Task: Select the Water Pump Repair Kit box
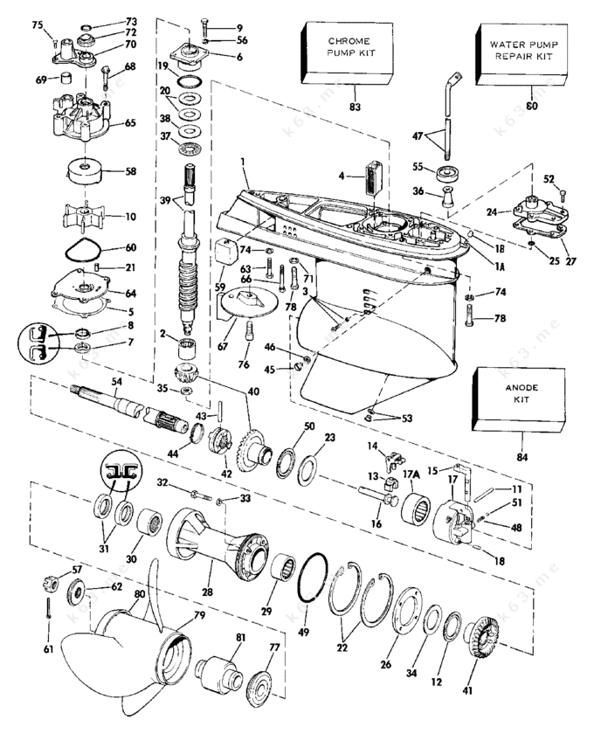pyautogui.click(x=521, y=54)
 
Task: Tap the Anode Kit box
pyautogui.click(x=519, y=398)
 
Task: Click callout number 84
pyautogui.click(x=521, y=456)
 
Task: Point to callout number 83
pyautogui.click(x=356, y=107)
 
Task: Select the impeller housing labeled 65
pyautogui.click(x=83, y=117)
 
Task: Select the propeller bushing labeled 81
pyautogui.click(x=219, y=672)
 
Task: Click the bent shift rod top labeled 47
pyautogui.click(x=452, y=93)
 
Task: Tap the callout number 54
pyautogui.click(x=116, y=382)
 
